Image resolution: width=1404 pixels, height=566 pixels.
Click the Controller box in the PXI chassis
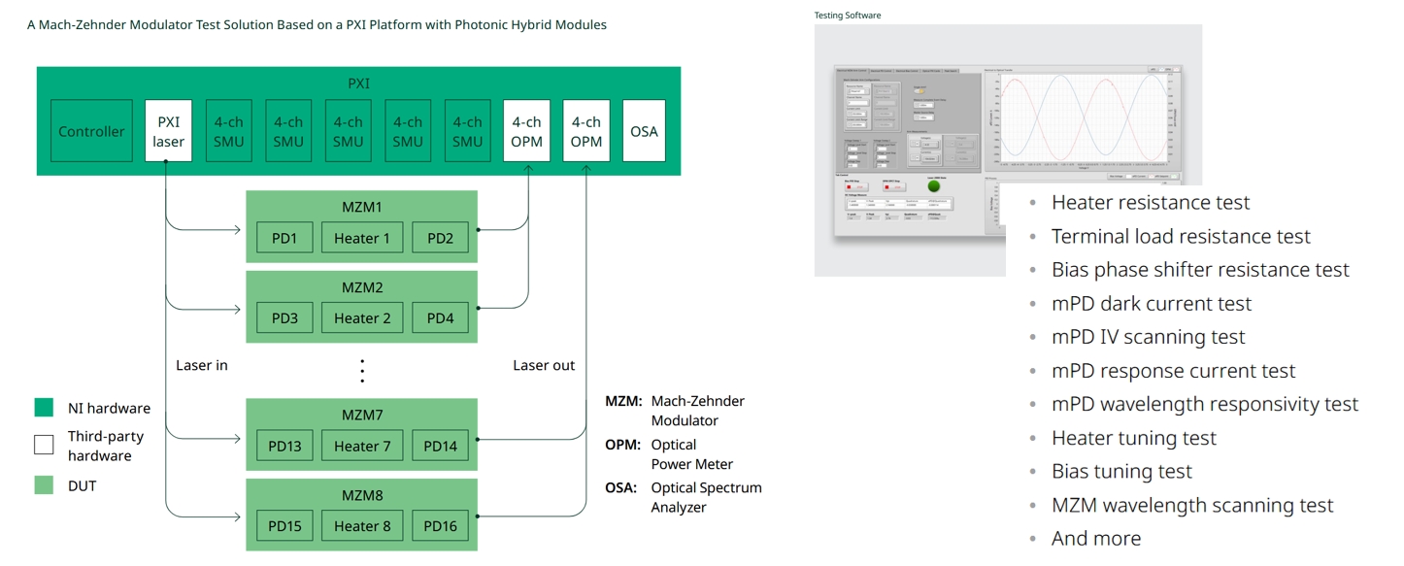91,131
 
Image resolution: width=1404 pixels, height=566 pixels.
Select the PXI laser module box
168,131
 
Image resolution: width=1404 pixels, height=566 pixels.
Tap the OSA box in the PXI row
644,131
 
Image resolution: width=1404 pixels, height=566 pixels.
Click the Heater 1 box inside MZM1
362,238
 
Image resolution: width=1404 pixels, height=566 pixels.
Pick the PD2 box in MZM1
440,238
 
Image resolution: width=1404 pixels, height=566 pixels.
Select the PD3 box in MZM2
284,317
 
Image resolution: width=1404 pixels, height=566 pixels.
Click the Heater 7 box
362,446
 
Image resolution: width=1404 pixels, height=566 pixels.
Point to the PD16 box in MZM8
440,526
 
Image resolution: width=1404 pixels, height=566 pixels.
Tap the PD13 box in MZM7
284,446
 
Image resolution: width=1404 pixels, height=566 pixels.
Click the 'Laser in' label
202,365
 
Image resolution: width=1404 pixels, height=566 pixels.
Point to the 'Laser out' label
544,365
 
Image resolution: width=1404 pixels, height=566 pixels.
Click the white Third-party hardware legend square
44,445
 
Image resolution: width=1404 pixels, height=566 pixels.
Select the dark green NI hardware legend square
44,408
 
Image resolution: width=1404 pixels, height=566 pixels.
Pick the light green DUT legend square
44,484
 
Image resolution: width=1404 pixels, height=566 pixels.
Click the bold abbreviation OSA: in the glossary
621,487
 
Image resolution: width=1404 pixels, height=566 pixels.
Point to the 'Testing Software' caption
848,16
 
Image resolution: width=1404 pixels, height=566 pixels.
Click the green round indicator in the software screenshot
934,185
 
